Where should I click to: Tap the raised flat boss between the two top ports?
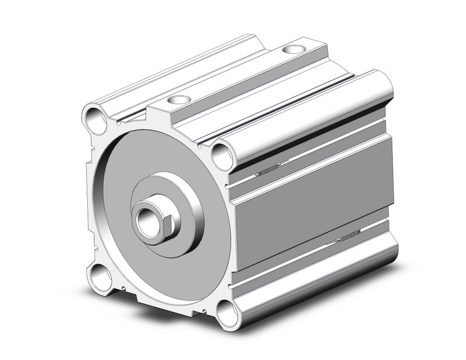[x=239, y=74]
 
